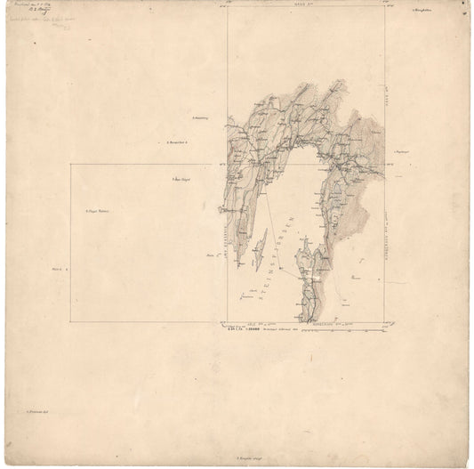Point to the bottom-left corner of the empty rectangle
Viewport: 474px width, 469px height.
[72, 320]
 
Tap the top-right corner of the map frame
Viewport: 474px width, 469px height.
[384, 8]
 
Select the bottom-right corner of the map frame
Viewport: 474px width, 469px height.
[384, 320]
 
